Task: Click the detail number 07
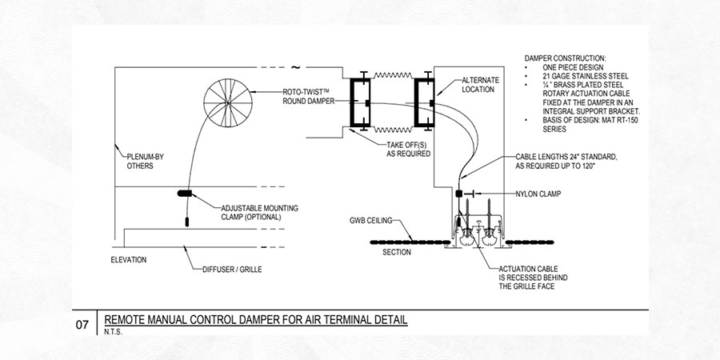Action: click(x=82, y=325)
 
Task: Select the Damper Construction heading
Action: click(x=565, y=59)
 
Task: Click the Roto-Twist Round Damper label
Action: click(x=307, y=96)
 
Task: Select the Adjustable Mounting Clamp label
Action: click(x=259, y=212)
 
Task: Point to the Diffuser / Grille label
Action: click(x=232, y=269)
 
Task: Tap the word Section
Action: click(x=397, y=252)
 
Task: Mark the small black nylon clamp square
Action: click(x=459, y=194)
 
